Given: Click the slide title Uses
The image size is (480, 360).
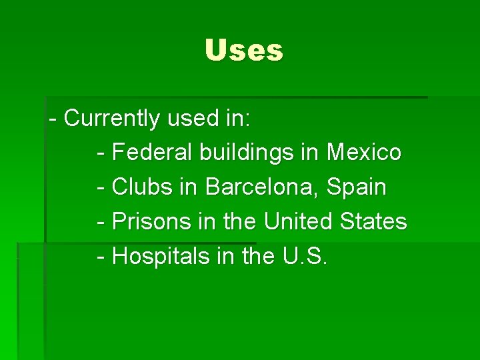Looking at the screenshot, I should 244,51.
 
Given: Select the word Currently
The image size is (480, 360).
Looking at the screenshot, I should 112,119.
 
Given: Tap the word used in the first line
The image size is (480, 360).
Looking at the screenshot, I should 190,119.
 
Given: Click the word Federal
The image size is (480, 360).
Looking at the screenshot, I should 153,153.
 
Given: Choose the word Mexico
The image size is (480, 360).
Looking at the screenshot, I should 364,153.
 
